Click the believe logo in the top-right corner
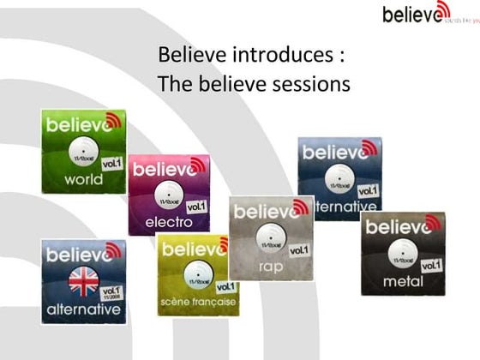click(416, 14)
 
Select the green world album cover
click(83, 152)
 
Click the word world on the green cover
click(83, 179)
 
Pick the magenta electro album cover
click(169, 194)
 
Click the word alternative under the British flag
click(82, 309)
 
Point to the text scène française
click(196, 303)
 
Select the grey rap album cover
click(270, 237)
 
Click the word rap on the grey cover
click(270, 267)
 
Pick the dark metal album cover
click(403, 254)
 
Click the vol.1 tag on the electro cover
click(195, 207)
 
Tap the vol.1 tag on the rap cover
click(298, 249)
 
